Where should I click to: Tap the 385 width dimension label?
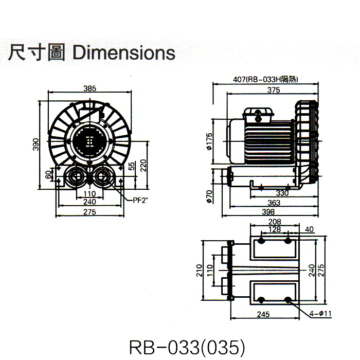pyautogui.click(x=89, y=88)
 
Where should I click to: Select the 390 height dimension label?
pyautogui.click(x=37, y=145)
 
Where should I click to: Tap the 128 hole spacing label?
pyautogui.click(x=275, y=230)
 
